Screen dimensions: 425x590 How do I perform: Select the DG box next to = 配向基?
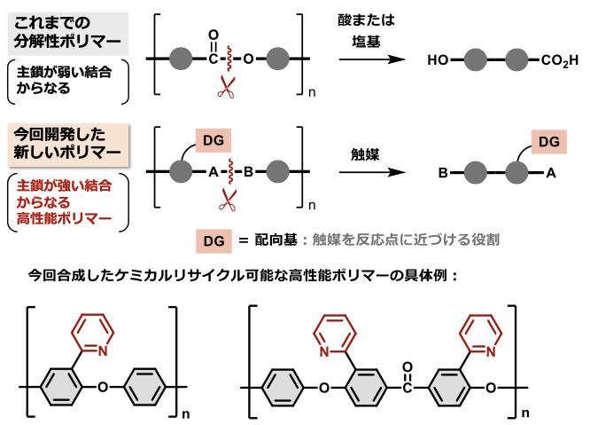click(x=211, y=240)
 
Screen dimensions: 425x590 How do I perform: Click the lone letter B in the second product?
click(x=441, y=175)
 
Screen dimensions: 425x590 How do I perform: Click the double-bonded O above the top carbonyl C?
click(x=213, y=39)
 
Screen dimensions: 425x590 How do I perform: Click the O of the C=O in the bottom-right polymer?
click(x=406, y=364)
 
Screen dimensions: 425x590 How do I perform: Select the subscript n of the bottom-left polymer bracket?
click(x=184, y=413)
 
